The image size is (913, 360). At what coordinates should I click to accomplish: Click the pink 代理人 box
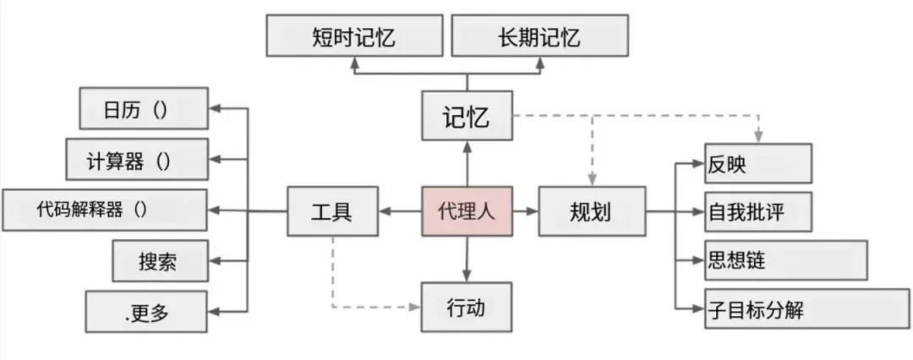(467, 210)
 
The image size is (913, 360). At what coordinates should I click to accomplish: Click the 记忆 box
(467, 116)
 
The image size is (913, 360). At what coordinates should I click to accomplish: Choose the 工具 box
(332, 210)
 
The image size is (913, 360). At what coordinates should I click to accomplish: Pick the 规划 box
(591, 210)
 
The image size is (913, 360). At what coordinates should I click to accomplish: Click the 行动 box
(467, 307)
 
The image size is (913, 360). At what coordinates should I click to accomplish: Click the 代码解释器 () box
(104, 210)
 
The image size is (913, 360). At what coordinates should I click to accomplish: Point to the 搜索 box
(158, 261)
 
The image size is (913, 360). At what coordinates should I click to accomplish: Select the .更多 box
(145, 312)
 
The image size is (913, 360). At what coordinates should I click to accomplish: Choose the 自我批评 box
(757, 211)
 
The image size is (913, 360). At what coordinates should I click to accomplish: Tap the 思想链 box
(785, 260)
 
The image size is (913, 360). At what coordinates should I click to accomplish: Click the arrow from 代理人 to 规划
(526, 210)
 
